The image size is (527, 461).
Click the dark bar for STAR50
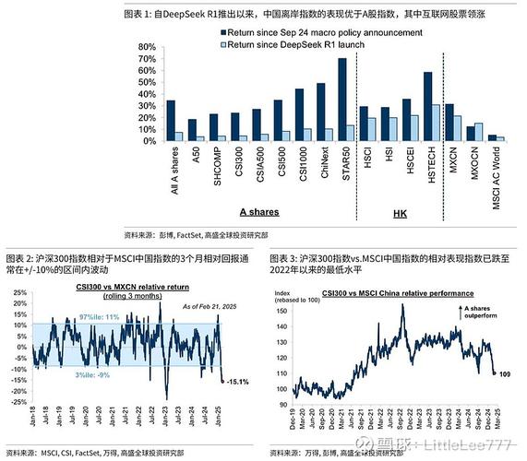pyautogui.click(x=342, y=100)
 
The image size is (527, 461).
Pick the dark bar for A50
pyautogui.click(x=192, y=130)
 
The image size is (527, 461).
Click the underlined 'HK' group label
pyautogui.click(x=401, y=212)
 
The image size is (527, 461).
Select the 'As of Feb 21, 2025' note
pyautogui.click(x=196, y=306)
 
